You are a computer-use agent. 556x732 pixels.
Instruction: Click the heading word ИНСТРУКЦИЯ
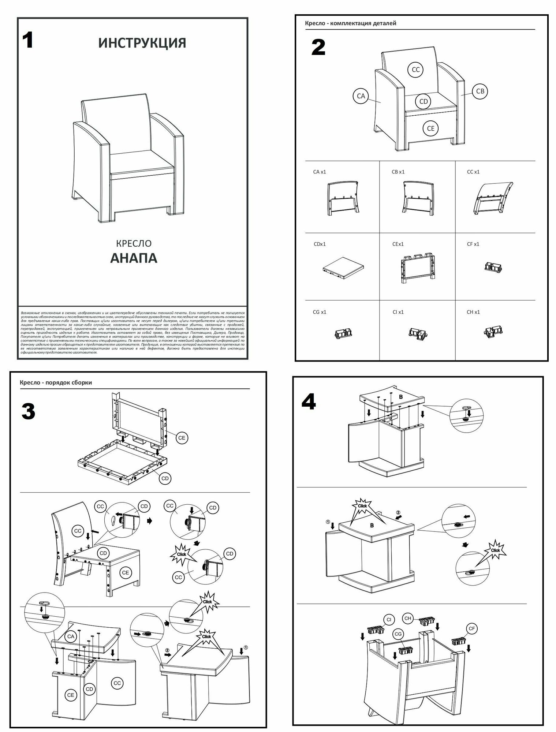(x=142, y=43)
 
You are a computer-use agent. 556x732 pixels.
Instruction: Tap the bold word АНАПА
(x=134, y=258)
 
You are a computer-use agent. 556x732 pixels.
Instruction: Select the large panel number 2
(x=318, y=47)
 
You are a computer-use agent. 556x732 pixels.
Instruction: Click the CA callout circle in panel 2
(x=361, y=96)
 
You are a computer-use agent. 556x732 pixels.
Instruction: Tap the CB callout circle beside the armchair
(x=480, y=91)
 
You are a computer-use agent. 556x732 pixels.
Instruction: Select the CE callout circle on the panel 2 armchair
(x=430, y=128)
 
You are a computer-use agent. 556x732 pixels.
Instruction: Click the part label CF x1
(x=473, y=244)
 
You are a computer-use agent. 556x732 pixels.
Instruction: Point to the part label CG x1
(x=320, y=312)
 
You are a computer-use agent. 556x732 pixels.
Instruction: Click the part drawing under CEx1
(x=417, y=268)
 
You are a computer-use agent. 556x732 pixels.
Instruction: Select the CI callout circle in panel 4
(x=389, y=620)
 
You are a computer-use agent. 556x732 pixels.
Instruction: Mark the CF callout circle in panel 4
(x=472, y=629)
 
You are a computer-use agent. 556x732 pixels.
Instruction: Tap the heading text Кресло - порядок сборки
(x=56, y=382)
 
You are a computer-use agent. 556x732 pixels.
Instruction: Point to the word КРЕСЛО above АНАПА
(x=134, y=243)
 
